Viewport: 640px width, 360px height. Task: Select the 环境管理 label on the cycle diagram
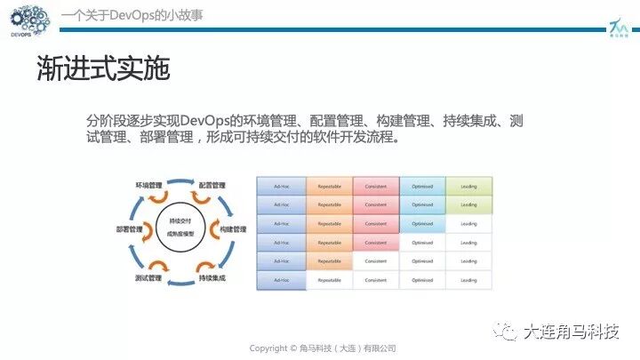148,185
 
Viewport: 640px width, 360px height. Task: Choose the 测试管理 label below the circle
148,278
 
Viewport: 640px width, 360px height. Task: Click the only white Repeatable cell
329,280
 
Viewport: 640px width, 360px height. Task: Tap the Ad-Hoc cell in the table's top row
281,186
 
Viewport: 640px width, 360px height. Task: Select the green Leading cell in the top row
468,186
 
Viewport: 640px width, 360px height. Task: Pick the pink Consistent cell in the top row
375,186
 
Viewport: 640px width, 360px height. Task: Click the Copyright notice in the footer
322,348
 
